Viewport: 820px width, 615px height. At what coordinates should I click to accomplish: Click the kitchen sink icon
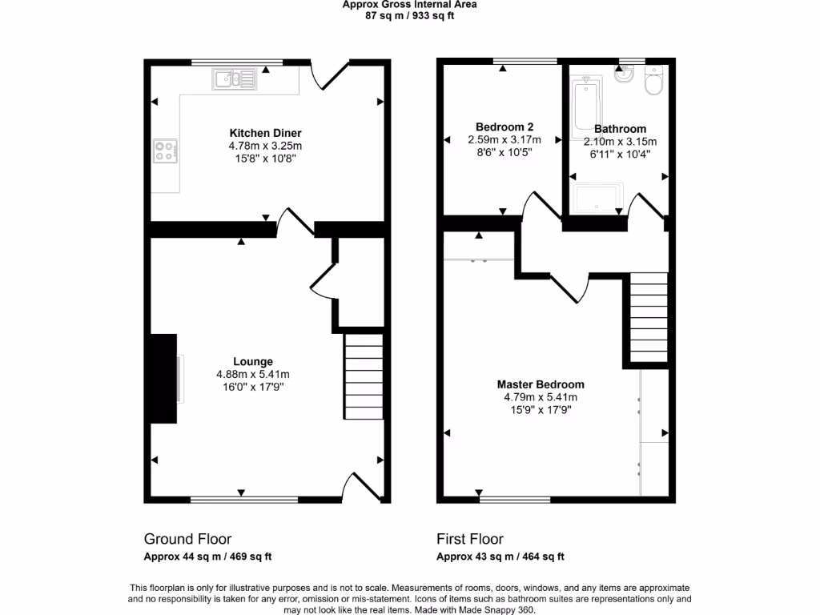click(x=235, y=79)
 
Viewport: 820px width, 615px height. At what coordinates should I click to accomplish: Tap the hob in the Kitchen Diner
click(x=166, y=151)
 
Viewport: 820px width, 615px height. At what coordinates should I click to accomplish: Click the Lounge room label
click(x=252, y=361)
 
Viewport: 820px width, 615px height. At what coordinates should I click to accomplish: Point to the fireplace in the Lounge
click(x=164, y=378)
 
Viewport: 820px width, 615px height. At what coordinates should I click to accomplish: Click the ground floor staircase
click(x=364, y=376)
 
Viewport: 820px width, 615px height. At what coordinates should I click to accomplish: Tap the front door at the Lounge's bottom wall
click(x=360, y=486)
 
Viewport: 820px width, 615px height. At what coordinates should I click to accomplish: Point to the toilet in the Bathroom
click(x=654, y=82)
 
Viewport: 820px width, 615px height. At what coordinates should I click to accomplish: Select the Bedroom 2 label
click(x=504, y=127)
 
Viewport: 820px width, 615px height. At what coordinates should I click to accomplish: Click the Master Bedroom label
click(x=540, y=384)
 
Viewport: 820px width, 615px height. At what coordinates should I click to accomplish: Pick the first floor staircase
click(x=649, y=318)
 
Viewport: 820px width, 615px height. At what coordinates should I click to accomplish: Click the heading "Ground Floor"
click(x=187, y=539)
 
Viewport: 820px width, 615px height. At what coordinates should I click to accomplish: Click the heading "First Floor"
click(x=469, y=539)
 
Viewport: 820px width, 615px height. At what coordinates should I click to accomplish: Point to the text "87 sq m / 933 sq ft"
click(x=409, y=15)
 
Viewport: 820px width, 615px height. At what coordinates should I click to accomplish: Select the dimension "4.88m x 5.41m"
click(x=252, y=374)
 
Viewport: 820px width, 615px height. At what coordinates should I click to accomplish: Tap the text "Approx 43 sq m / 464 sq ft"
click(x=500, y=557)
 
